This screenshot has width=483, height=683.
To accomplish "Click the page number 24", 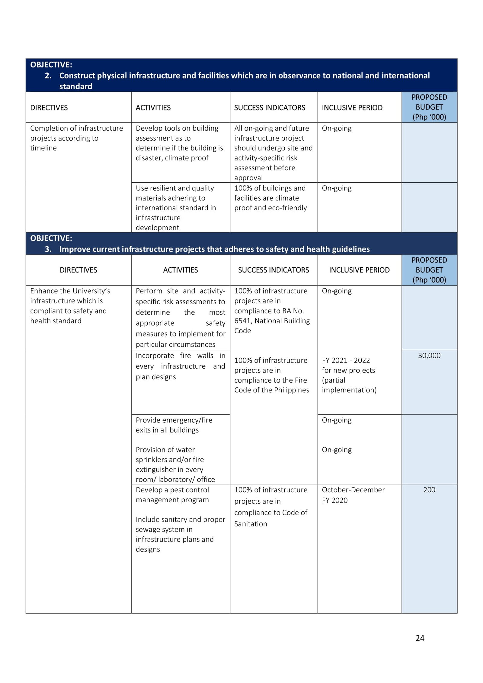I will (420, 638).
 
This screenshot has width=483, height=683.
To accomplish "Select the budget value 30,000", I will (429, 355).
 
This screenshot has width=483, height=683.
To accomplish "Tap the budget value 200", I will (429, 490).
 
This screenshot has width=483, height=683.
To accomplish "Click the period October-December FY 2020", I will (353, 495).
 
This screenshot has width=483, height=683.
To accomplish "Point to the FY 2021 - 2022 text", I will (346, 360).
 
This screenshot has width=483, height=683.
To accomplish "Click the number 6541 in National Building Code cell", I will (241, 321).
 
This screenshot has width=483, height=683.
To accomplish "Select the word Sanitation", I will (251, 524).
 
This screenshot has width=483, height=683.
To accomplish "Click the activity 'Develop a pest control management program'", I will (172, 495).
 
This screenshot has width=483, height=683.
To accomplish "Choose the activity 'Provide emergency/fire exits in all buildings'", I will (174, 425).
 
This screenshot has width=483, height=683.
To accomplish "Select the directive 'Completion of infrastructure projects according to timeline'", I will (76, 138).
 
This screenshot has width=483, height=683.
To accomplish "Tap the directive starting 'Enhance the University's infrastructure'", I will (70, 305).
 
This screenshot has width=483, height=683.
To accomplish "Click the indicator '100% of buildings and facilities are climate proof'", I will (270, 198).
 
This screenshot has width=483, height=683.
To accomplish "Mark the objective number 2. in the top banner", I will (48, 75).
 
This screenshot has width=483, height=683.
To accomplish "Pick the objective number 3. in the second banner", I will (48, 249).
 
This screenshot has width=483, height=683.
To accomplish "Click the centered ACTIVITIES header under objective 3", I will (181, 270).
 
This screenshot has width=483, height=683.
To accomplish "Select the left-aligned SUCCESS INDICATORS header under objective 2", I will (270, 107).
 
